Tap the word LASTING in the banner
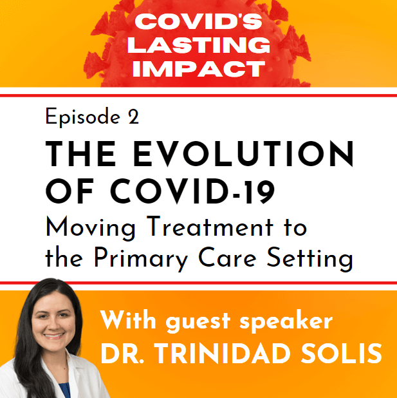point(199,45)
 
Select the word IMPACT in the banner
point(199,68)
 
